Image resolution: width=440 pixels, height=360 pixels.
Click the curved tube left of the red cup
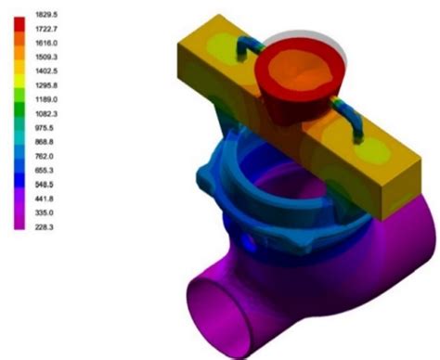coord(243,49)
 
